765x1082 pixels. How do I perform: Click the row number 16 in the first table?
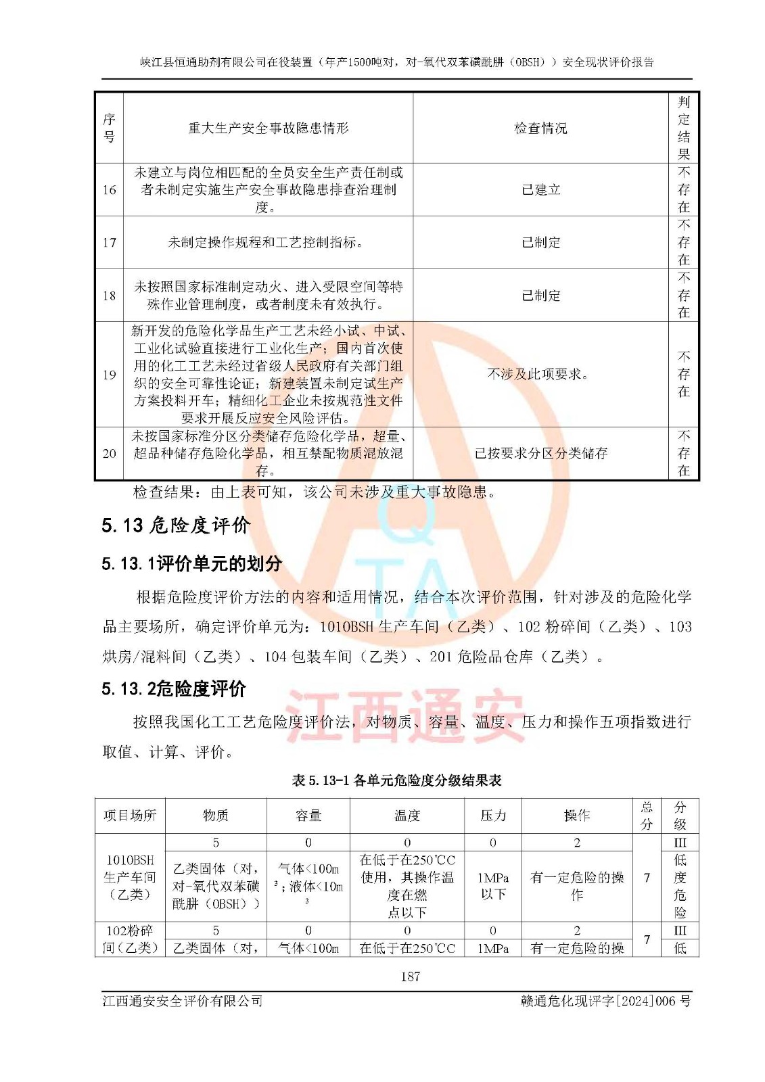pyautogui.click(x=109, y=190)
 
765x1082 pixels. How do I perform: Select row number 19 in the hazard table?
pyautogui.click(x=109, y=375)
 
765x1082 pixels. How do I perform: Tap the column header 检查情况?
pyautogui.click(x=540, y=128)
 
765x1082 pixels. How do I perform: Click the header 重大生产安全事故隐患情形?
pyautogui.click(x=268, y=128)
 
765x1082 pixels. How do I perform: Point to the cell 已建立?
pyautogui.click(x=540, y=190)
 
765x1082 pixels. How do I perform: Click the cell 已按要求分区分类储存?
pyautogui.click(x=540, y=453)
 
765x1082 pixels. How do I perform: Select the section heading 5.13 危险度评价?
pyautogui.click(x=176, y=525)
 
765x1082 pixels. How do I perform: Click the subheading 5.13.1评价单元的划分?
pyautogui.click(x=191, y=563)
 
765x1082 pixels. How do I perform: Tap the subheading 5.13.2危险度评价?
pyautogui.click(x=174, y=689)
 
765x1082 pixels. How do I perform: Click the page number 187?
pyautogui.click(x=410, y=977)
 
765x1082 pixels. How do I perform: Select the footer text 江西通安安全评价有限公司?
pyautogui.click(x=183, y=1001)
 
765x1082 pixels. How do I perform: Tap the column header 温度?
pyautogui.click(x=407, y=816)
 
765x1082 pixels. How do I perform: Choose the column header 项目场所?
pyautogui.click(x=130, y=816)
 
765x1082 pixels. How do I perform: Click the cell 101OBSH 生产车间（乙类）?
pyautogui.click(x=130, y=877)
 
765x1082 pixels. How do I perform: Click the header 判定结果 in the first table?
pyautogui.click(x=683, y=128)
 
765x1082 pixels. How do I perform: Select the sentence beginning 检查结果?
pyautogui.click(x=315, y=492)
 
